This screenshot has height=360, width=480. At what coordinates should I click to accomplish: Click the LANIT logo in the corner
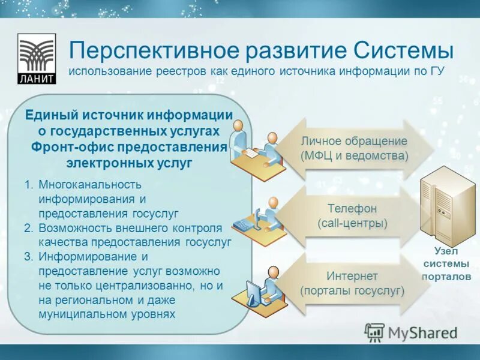coord(37,59)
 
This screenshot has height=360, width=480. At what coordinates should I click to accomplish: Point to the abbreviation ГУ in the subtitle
coord(436,71)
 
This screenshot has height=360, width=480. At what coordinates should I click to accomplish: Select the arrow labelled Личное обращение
coord(354,149)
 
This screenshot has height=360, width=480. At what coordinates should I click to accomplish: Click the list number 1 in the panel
coord(28,184)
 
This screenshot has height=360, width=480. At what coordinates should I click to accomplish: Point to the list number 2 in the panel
coord(28,228)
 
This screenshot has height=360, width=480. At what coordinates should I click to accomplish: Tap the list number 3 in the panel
coord(28,256)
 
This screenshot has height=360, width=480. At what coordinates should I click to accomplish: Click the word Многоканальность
coord(90,184)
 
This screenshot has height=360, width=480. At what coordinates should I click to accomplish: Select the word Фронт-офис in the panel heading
coord(65,147)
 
